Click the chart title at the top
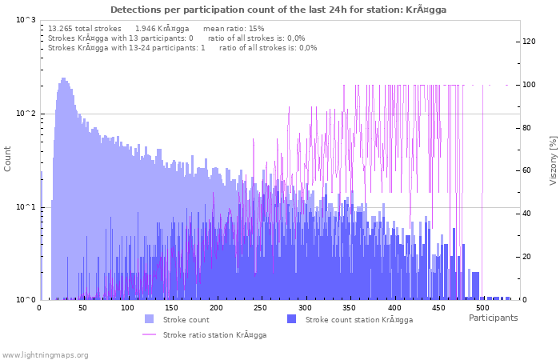point(278,10)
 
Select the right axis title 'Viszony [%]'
point(553,160)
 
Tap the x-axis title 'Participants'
point(493,318)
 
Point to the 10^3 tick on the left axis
point(26,19)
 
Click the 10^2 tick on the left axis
point(26,114)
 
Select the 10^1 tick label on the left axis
point(26,207)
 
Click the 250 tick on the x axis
point(260,308)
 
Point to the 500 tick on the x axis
point(482,308)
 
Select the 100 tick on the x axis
point(128,308)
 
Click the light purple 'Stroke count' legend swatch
point(150,319)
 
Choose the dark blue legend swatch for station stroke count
point(292,319)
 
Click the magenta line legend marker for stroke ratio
point(150,334)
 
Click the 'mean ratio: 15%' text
point(234,28)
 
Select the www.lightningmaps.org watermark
point(46,354)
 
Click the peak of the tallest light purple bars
point(63,78)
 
